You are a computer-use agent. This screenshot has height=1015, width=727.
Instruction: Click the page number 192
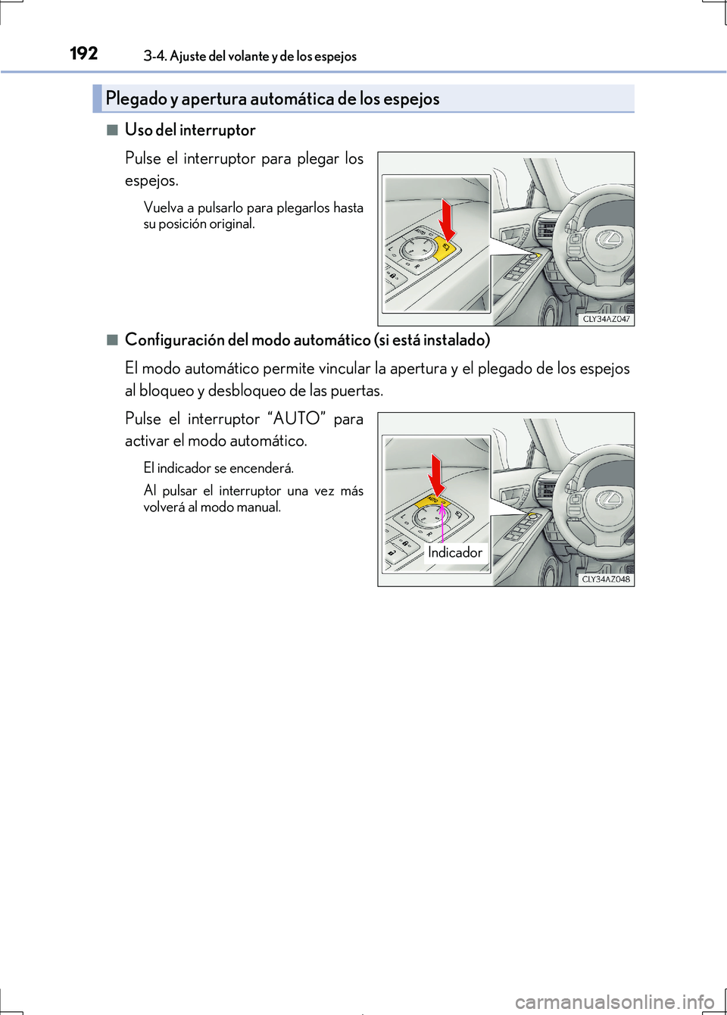(x=83, y=53)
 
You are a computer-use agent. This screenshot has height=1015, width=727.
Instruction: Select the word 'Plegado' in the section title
(x=136, y=98)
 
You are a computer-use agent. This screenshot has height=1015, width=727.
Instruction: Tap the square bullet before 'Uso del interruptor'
(x=112, y=130)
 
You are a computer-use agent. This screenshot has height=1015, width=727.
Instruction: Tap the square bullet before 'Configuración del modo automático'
(x=112, y=339)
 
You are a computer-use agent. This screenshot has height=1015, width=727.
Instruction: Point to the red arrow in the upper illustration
(x=448, y=219)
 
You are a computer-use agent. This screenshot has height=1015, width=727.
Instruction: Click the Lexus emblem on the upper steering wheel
(x=609, y=240)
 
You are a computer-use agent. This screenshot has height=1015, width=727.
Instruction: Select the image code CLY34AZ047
(x=606, y=319)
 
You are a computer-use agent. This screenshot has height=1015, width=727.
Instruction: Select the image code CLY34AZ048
(x=606, y=579)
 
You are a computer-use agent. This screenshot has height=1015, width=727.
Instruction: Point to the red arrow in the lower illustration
(x=436, y=475)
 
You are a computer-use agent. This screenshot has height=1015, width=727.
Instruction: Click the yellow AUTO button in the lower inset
(x=432, y=501)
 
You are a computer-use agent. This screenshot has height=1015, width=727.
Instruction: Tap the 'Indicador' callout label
(x=454, y=552)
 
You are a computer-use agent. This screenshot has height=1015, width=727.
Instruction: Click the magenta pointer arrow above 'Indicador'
(x=442, y=523)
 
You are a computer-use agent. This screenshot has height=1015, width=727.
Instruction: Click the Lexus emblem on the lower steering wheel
(x=609, y=500)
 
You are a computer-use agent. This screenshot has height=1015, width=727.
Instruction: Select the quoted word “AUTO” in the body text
(x=296, y=419)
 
